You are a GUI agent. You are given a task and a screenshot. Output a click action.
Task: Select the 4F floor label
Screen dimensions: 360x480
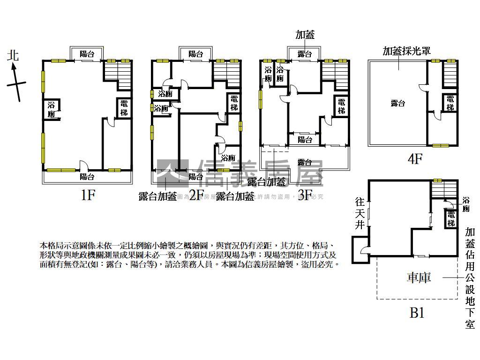(x=415, y=159)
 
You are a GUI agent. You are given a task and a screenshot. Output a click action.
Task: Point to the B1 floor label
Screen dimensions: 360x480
(x=417, y=312)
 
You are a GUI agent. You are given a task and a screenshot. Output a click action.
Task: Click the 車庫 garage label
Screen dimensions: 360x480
(x=418, y=277)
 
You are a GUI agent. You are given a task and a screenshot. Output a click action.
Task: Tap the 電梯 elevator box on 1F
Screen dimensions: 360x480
(x=124, y=108)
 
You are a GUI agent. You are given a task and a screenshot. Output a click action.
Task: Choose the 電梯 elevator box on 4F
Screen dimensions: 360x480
(x=450, y=103)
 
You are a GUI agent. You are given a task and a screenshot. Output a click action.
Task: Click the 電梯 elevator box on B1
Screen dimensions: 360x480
(x=451, y=218)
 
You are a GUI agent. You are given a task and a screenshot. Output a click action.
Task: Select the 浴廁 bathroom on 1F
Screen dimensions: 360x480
(x=52, y=110)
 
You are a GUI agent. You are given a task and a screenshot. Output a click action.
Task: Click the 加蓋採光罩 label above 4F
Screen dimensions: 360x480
(x=406, y=51)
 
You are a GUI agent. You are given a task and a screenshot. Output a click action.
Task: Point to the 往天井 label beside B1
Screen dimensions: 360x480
(x=360, y=214)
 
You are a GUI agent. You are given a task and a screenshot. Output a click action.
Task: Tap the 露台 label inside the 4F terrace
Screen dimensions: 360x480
(x=397, y=104)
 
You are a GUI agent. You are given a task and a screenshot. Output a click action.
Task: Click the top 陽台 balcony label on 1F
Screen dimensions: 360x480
(x=87, y=54)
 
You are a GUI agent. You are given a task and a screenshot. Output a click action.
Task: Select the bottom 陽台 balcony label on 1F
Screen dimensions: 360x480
(x=87, y=177)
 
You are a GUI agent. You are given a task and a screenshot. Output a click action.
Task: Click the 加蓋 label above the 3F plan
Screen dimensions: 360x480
(x=305, y=34)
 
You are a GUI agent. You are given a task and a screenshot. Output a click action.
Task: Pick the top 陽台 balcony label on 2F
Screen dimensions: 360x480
(x=196, y=54)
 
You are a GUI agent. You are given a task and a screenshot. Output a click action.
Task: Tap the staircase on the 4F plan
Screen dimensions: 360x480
(x=450, y=74)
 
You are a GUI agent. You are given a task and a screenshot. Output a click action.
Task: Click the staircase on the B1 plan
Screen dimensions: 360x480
(x=443, y=190)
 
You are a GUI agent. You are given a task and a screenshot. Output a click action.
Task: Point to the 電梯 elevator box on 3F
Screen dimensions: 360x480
(x=341, y=106)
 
